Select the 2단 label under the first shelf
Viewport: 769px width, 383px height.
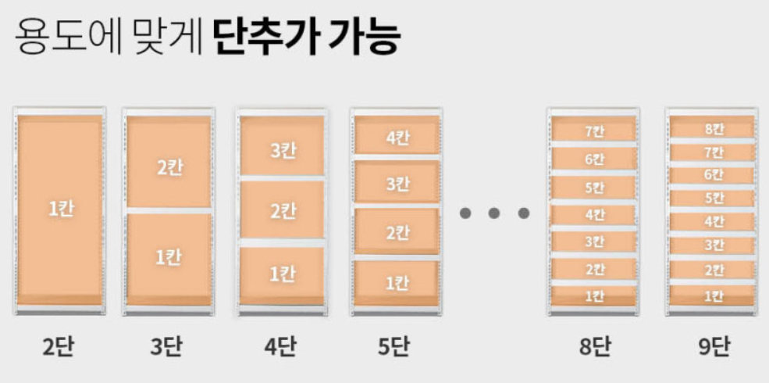pos(59,346)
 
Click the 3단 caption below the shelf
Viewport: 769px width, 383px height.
pos(168,346)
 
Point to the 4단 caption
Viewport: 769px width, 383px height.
pos(282,346)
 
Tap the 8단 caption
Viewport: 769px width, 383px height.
pos(593,346)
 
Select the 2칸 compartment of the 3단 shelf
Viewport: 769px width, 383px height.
pos(169,167)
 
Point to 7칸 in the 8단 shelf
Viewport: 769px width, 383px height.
pos(594,131)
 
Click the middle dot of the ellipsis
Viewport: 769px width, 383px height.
pos(494,213)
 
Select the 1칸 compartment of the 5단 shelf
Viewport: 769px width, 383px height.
pos(397,284)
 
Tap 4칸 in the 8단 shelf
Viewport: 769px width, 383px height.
pos(594,214)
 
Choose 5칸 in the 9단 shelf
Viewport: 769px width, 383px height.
pos(713,198)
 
